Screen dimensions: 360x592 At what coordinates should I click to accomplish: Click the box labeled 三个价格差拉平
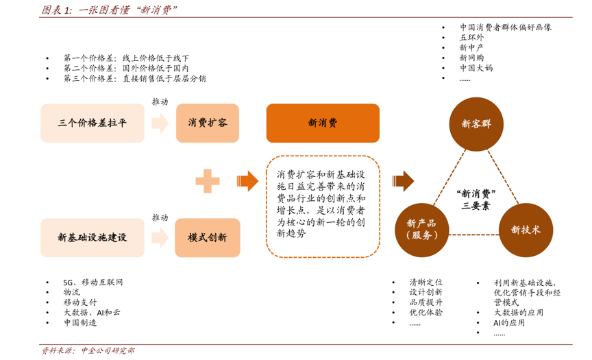(x=92, y=123)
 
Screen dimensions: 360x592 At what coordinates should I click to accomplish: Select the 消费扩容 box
(x=208, y=123)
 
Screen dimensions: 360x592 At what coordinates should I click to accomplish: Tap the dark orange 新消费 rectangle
(x=323, y=123)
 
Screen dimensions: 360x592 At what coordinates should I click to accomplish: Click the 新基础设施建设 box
(x=92, y=238)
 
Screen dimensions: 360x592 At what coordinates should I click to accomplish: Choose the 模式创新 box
(x=208, y=238)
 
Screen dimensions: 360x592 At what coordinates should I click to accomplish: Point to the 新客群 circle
(x=476, y=124)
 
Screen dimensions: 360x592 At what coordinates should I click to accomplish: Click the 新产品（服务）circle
(x=421, y=230)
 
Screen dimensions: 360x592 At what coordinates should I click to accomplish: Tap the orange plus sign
(x=208, y=181)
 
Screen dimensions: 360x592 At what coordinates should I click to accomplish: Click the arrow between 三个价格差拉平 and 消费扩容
(x=160, y=123)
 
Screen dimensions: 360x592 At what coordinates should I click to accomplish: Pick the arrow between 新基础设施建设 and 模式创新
(x=160, y=238)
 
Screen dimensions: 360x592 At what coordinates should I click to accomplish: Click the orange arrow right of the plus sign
(x=247, y=181)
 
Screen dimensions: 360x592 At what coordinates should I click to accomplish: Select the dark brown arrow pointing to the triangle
(x=403, y=181)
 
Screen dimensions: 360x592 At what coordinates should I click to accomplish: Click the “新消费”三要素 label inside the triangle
(x=476, y=200)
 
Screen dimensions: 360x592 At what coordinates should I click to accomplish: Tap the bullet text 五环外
(x=471, y=38)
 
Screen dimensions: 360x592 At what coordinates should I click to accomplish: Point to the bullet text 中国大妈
(x=476, y=68)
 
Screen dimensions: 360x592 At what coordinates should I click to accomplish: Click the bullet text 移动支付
(x=80, y=302)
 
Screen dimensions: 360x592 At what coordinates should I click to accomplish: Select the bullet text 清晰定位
(x=426, y=283)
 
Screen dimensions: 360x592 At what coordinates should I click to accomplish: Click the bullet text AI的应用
(x=509, y=323)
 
